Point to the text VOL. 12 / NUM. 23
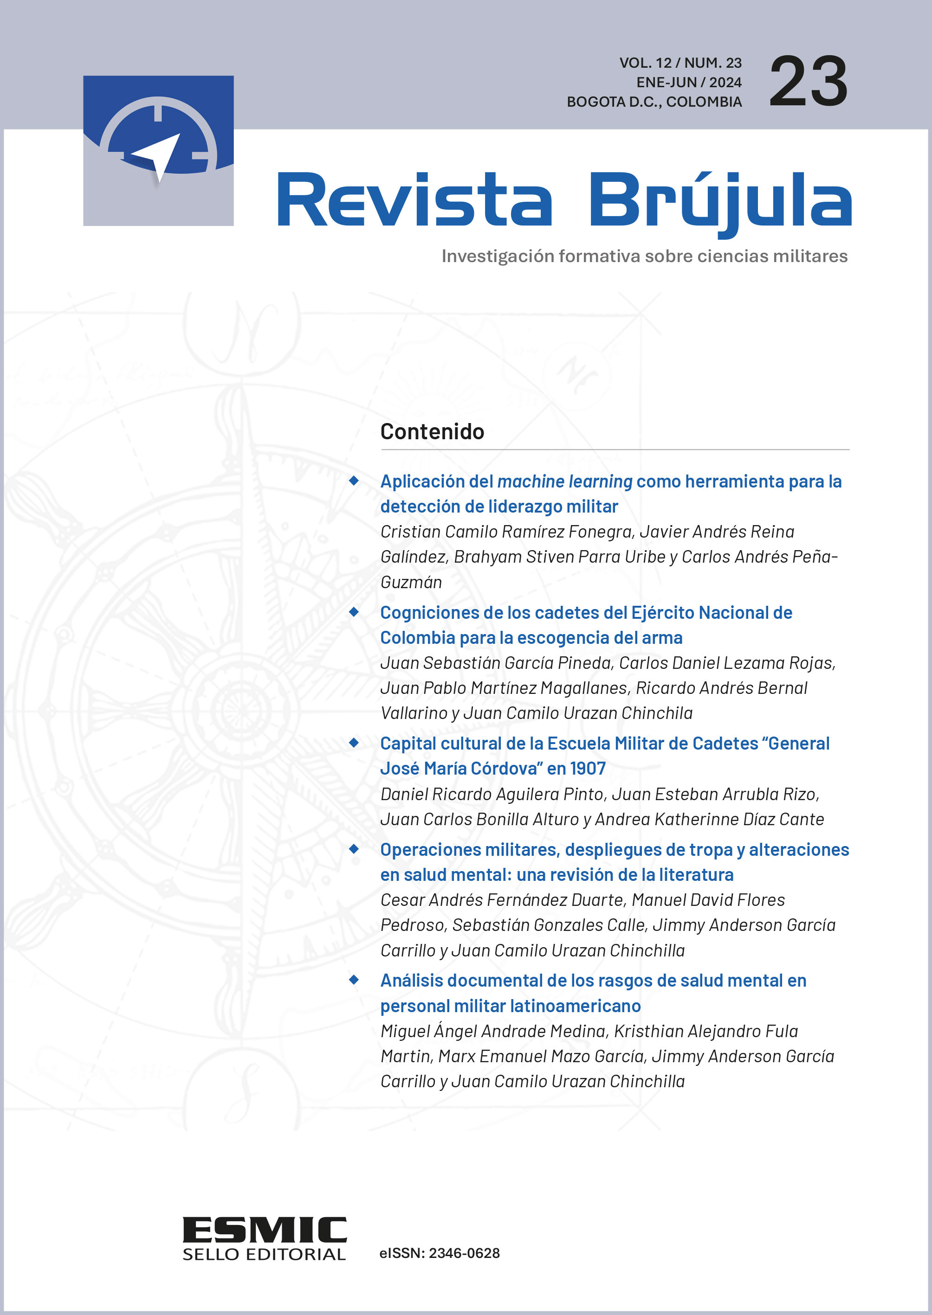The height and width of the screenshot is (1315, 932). pyautogui.click(x=680, y=63)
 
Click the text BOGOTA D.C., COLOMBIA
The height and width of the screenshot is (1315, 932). pyautogui.click(x=654, y=102)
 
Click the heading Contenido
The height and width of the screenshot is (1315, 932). pyautogui.click(x=432, y=432)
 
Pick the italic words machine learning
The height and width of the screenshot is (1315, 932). pyautogui.click(x=565, y=481)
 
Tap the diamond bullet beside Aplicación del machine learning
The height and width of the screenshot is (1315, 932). pyautogui.click(x=354, y=481)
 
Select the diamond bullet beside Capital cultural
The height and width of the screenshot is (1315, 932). pyautogui.click(x=354, y=743)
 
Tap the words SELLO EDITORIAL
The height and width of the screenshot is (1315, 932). pyautogui.click(x=264, y=1254)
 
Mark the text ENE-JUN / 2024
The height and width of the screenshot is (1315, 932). pyautogui.click(x=689, y=83)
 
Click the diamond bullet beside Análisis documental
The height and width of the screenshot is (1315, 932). pyautogui.click(x=354, y=980)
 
